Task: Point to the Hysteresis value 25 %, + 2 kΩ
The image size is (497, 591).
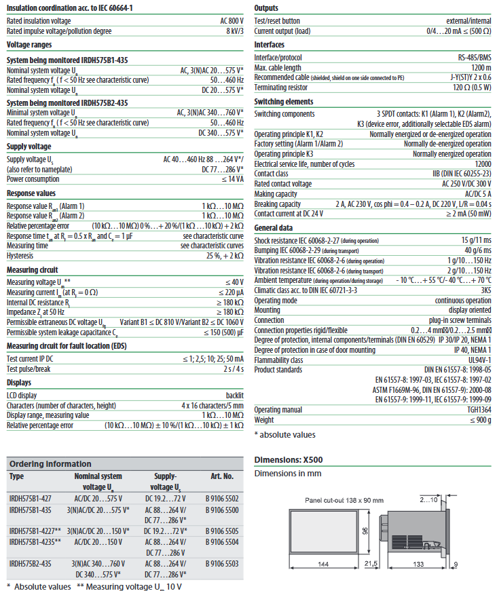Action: [x=219, y=255]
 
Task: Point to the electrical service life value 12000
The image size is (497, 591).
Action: [x=481, y=164]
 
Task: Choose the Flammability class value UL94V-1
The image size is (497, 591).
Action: [x=478, y=360]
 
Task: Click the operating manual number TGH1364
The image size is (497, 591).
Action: [x=477, y=410]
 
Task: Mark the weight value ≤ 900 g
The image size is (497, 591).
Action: [x=478, y=420]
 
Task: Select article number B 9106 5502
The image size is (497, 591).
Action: [x=222, y=498]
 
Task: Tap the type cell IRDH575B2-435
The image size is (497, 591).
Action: [x=31, y=563]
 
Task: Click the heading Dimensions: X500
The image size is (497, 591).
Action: [x=288, y=459]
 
